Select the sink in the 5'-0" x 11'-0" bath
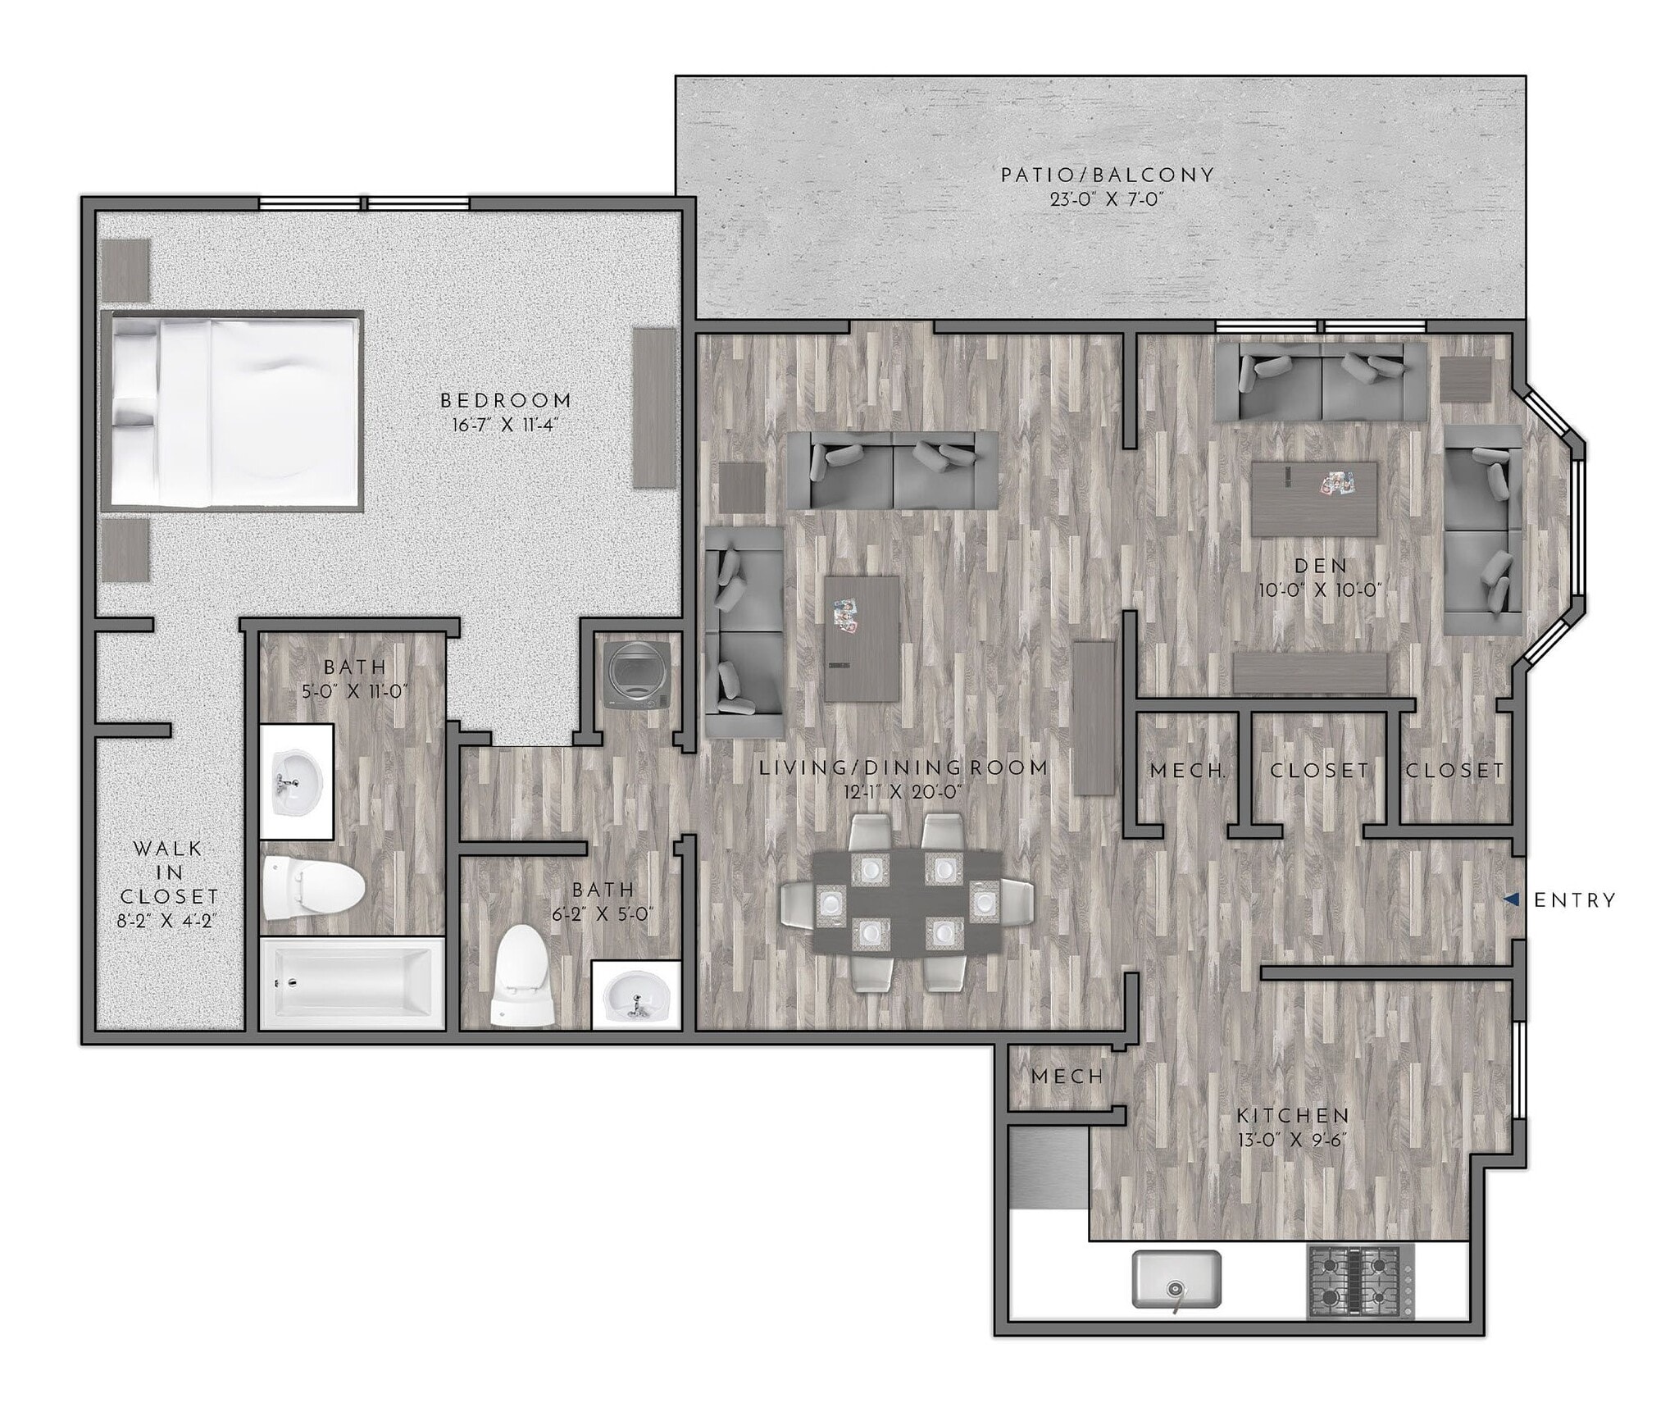point(295,781)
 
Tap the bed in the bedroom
point(233,411)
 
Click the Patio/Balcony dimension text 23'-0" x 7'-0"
point(1107,199)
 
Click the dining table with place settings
point(908,900)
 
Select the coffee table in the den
point(1314,499)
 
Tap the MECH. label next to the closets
point(1188,771)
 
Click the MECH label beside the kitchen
point(1067,1076)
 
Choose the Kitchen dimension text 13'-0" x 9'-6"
point(1293,1140)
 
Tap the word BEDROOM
point(506,400)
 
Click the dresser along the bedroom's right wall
point(653,408)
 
